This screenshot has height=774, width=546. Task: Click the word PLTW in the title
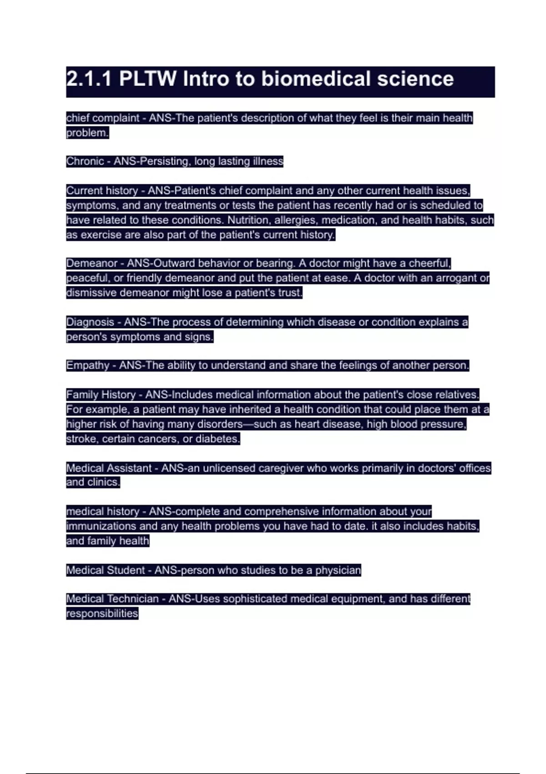tap(147, 79)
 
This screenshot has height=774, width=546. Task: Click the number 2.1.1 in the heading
tap(89, 79)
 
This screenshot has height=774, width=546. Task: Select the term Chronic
tap(85, 161)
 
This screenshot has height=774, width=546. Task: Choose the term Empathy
tap(87, 365)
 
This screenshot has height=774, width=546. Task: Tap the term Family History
tap(101, 394)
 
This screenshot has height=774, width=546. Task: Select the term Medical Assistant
tap(109, 468)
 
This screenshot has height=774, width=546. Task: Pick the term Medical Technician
tap(112, 599)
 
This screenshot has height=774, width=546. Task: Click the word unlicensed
tap(229, 468)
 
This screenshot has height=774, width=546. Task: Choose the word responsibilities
tap(102, 613)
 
